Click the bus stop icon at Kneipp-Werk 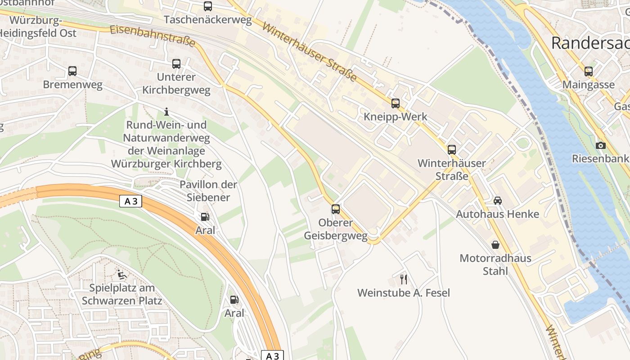pyautogui.click(x=395, y=103)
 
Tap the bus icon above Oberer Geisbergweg pyautogui.click(x=336, y=209)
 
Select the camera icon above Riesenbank pyautogui.click(x=600, y=145)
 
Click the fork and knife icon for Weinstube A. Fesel pyautogui.click(x=404, y=279)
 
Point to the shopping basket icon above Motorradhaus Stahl pyautogui.click(x=495, y=245)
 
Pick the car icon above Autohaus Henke pyautogui.click(x=497, y=201)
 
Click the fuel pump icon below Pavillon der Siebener pyautogui.click(x=205, y=217)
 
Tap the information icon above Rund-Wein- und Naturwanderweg pyautogui.click(x=166, y=112)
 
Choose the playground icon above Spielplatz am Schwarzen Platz pyautogui.click(x=121, y=274)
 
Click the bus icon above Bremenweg pyautogui.click(x=72, y=71)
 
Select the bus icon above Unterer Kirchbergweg pyautogui.click(x=176, y=64)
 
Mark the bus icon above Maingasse pyautogui.click(x=588, y=71)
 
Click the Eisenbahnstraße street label pyautogui.click(x=153, y=36)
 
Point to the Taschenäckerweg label pyautogui.click(x=207, y=20)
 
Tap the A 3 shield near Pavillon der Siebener pyautogui.click(x=131, y=201)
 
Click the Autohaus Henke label pyautogui.click(x=497, y=214)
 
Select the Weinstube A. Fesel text pyautogui.click(x=404, y=293)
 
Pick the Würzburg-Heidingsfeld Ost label pyautogui.click(x=38, y=27)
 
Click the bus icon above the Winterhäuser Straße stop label pyautogui.click(x=451, y=150)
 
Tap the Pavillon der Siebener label pyautogui.click(x=208, y=191)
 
